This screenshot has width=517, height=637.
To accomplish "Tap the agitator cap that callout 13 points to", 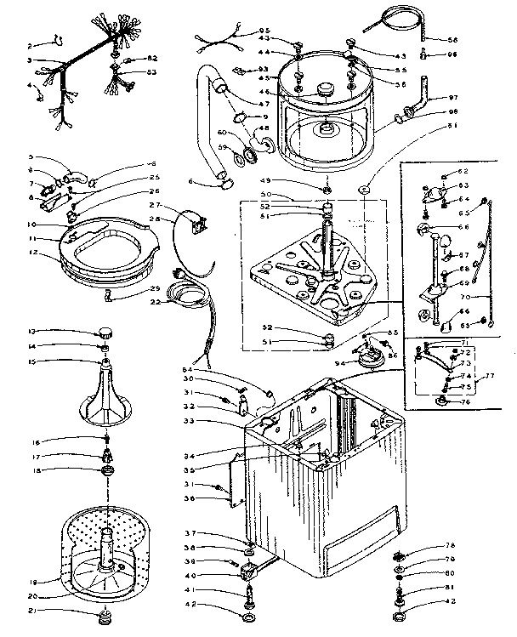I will coord(106,332).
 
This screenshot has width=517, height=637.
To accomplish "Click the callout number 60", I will coord(223,134).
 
